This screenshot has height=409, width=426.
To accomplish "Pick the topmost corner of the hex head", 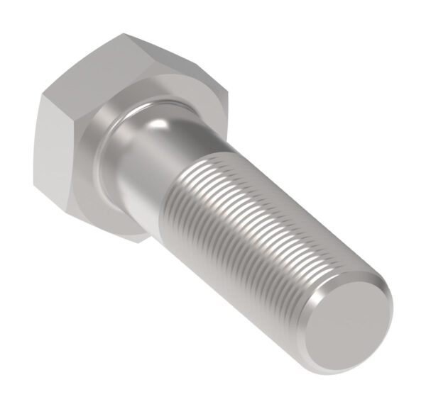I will [x=122, y=33].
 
